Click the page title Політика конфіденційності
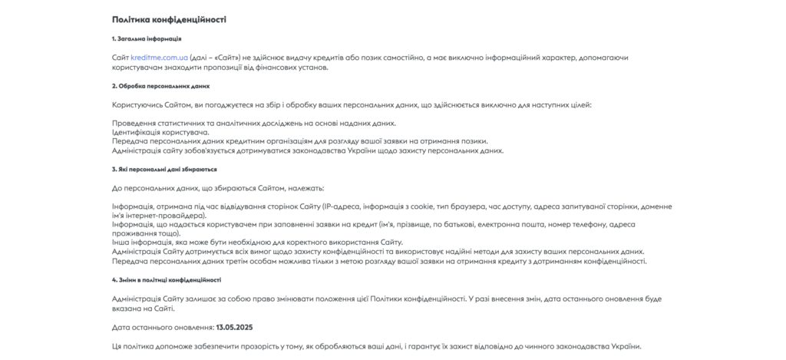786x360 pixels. coord(169,19)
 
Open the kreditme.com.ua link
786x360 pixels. coord(159,58)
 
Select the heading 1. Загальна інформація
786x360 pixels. coord(147,38)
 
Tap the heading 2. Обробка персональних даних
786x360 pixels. coord(160,86)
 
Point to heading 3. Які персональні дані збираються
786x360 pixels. coord(164,169)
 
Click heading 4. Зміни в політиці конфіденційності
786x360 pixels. coord(167,280)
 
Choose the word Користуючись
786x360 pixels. coord(137,104)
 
